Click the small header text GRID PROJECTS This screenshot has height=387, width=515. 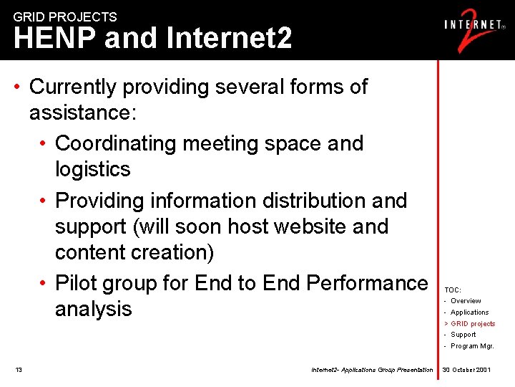(x=65, y=16)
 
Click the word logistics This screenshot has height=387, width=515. (x=93, y=169)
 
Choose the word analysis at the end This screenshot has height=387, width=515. (x=94, y=309)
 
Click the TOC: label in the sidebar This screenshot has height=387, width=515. (x=453, y=290)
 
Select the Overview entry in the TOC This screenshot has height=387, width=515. (x=466, y=301)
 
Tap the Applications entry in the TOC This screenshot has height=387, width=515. (x=469, y=312)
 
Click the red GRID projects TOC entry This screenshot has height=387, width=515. (x=473, y=324)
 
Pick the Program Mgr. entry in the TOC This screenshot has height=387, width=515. (x=472, y=346)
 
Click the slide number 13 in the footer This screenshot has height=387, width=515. (x=19, y=370)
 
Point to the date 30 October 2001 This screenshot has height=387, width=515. (x=466, y=370)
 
